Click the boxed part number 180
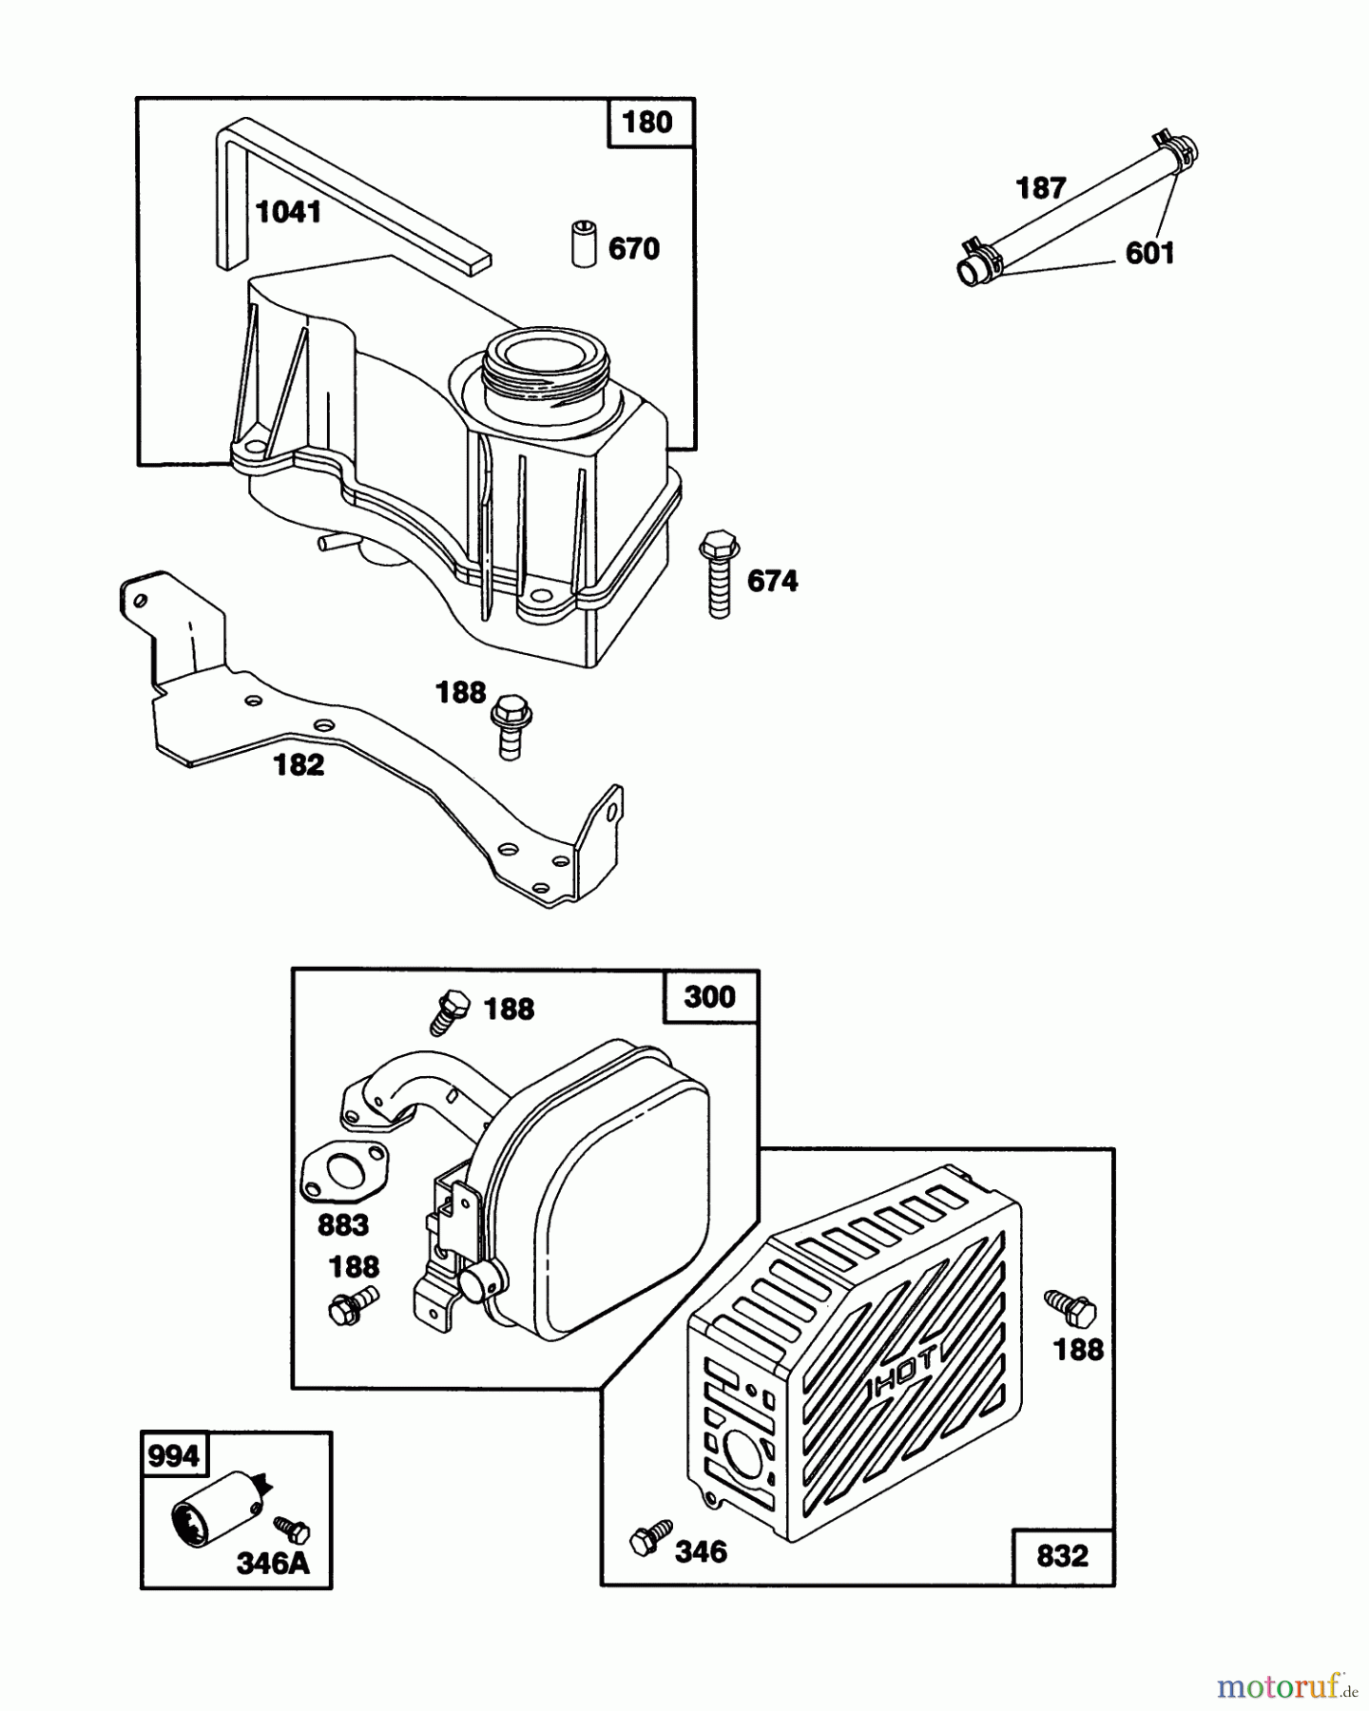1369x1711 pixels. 647,123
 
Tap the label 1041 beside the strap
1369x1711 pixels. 288,212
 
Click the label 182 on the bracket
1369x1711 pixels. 299,764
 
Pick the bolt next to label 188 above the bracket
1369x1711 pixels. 511,726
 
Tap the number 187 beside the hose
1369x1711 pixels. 1041,188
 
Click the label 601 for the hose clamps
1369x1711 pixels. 1149,253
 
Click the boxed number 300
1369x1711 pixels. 710,997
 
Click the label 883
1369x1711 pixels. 342,1224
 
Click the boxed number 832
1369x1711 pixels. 1062,1556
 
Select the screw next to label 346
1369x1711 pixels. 650,1537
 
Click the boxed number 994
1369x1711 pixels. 174,1456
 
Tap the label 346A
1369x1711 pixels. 273,1563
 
